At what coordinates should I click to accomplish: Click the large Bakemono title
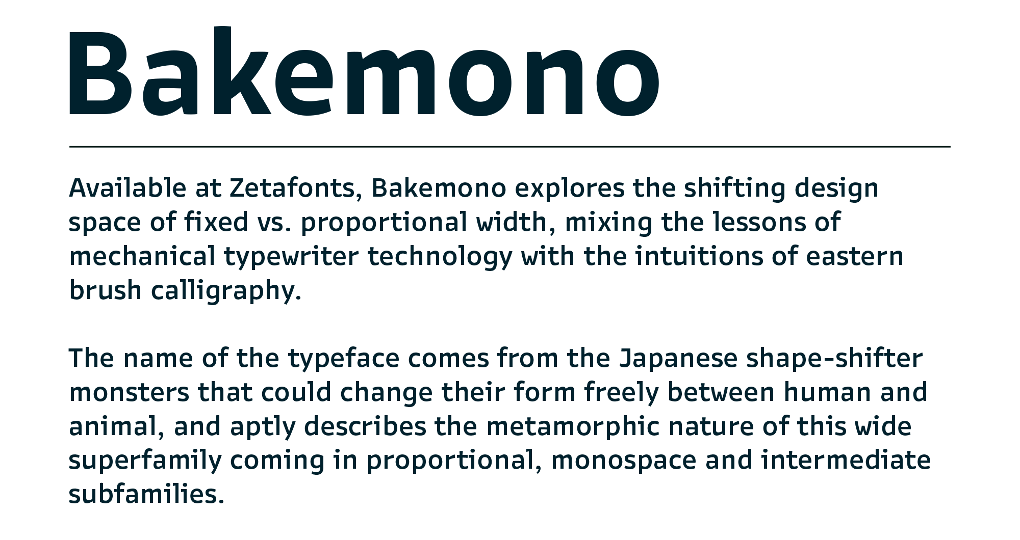tap(364, 72)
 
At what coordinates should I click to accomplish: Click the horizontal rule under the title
tap(510, 147)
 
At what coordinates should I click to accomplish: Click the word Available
tap(128, 187)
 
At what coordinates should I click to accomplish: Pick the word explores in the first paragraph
tap(570, 188)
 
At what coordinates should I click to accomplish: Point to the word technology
tap(440, 257)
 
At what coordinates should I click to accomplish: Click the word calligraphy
tap(226, 291)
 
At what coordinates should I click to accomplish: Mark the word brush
tap(106, 290)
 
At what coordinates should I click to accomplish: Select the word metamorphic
tap(573, 427)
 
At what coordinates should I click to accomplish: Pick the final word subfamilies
tap(146, 494)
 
